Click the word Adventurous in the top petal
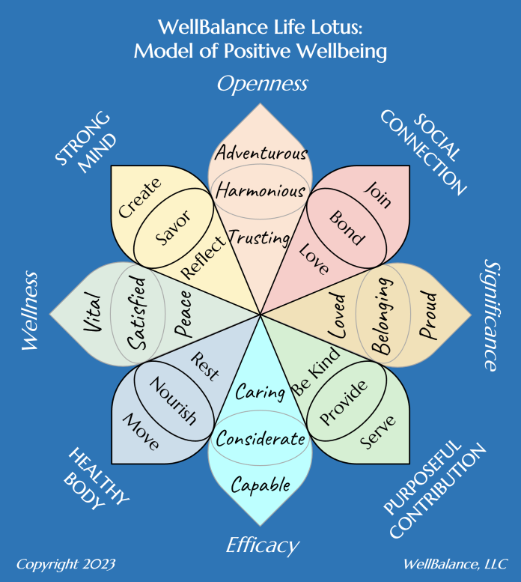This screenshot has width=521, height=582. click(x=260, y=154)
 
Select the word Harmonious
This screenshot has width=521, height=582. click(x=260, y=191)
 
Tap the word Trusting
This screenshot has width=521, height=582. click(x=259, y=238)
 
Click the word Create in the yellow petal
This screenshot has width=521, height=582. click(x=140, y=198)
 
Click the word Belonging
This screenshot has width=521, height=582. click(x=383, y=315)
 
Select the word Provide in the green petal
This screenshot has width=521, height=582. click(x=344, y=401)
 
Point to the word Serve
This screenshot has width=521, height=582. click(x=377, y=432)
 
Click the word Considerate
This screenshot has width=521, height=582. click(x=260, y=439)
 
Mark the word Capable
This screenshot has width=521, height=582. click(x=260, y=485)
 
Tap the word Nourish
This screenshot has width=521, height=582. click(x=173, y=401)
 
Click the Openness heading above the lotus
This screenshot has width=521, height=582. click(x=262, y=83)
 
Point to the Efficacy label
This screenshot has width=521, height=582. click(x=262, y=545)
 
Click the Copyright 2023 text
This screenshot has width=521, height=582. click(x=66, y=563)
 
